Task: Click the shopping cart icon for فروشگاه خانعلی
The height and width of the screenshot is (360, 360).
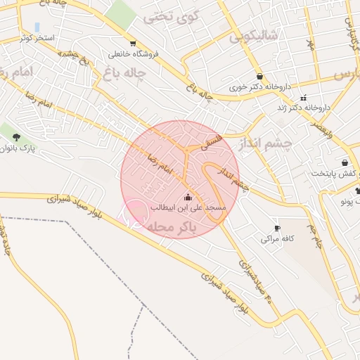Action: point(112,53)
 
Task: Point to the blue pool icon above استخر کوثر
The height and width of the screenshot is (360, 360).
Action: point(37,27)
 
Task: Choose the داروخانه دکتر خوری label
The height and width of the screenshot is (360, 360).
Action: point(261,88)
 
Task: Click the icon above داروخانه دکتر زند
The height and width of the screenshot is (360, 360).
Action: point(303,98)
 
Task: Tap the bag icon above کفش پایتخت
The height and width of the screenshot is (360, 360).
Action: point(344,162)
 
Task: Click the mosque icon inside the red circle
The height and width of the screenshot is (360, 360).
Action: point(186,198)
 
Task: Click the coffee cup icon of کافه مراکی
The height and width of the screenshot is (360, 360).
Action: point(276,228)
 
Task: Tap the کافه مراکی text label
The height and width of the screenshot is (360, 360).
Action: point(276,239)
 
